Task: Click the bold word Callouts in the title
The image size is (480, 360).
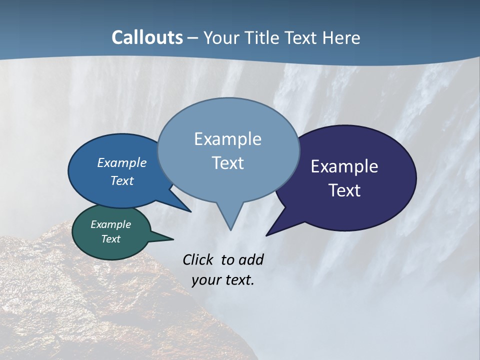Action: coord(147,37)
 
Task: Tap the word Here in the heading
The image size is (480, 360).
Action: coord(341,37)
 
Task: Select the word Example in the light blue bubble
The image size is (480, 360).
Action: coord(227,138)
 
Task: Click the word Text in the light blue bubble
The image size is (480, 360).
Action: coord(227,162)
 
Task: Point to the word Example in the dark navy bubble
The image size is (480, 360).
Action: coord(344,166)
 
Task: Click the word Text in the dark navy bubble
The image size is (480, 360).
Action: coord(344,190)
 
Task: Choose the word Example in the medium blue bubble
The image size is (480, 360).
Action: coord(122,162)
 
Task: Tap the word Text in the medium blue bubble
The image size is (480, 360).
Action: coord(122,180)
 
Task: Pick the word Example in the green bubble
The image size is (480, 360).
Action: coord(110,224)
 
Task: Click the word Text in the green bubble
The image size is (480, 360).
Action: coord(110,239)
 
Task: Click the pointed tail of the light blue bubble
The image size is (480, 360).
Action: coord(230,227)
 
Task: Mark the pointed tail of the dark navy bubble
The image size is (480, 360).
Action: coord(268,233)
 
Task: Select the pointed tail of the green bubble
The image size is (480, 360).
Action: coord(170,239)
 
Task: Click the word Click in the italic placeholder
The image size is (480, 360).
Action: coord(199,259)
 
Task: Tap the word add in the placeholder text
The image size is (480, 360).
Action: coord(250,259)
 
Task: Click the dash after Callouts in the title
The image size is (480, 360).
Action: coord(193,38)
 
